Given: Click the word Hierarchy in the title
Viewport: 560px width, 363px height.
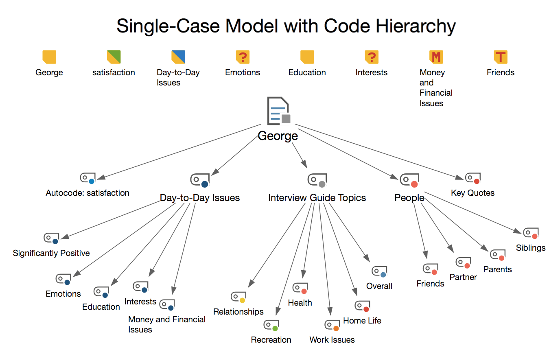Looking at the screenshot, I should (416, 26).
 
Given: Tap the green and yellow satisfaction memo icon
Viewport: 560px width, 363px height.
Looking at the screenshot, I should (114, 57).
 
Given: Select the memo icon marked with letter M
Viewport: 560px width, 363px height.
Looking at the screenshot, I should (436, 57).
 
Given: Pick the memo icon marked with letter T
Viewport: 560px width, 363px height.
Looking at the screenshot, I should (500, 57).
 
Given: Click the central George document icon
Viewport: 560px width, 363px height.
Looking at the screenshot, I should (278, 111).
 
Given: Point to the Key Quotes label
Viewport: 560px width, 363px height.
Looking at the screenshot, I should (472, 193).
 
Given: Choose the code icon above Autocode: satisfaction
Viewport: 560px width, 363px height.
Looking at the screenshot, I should (87, 178).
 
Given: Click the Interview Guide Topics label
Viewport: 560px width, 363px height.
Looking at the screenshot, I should (317, 198).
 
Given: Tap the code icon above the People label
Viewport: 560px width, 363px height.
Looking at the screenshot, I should (409, 180).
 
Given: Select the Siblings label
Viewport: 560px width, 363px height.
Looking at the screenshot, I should (531, 248).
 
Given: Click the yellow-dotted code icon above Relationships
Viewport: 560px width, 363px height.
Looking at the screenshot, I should (238, 297).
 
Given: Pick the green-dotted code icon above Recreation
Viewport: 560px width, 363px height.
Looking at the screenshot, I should (271, 325).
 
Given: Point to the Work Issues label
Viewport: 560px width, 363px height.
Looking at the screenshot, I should (332, 340).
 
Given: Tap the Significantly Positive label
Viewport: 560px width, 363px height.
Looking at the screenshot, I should (51, 253).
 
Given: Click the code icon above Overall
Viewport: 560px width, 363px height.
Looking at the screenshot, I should (379, 271).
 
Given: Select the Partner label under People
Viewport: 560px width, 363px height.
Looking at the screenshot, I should (463, 277).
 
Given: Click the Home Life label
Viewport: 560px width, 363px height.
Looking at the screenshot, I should (362, 321).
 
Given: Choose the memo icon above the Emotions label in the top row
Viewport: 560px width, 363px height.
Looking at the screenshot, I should (243, 57).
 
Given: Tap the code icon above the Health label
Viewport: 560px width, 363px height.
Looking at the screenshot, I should (300, 288).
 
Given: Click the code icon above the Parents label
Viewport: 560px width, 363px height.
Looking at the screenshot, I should (498, 255).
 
